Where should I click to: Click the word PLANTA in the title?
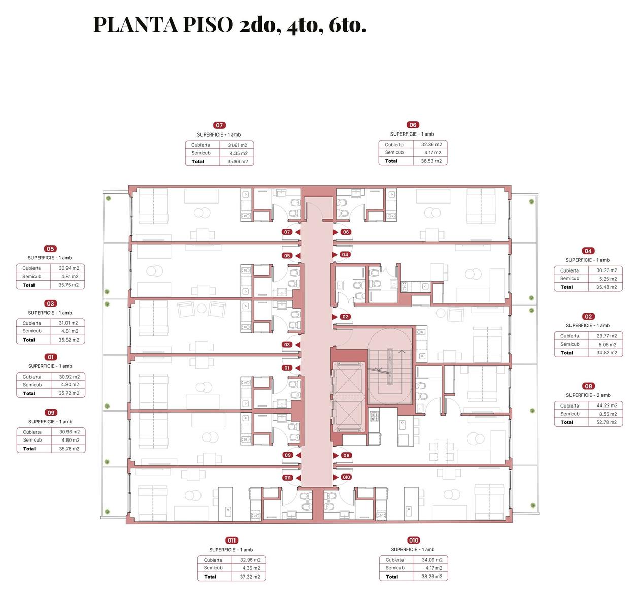tap(136, 25)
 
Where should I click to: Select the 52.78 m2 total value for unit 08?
tap(606, 422)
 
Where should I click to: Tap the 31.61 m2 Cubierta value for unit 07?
tap(238, 145)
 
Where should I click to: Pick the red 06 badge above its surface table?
tap(413, 125)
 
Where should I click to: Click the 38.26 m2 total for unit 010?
tap(431, 577)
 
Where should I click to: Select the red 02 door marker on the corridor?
tap(345, 317)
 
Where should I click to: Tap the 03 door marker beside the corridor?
tap(287, 344)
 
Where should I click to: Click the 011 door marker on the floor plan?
tap(287, 478)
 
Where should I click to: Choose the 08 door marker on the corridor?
tap(346, 455)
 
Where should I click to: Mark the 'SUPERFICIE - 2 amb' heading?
tap(588, 395)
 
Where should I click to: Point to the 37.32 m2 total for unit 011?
tap(250, 577)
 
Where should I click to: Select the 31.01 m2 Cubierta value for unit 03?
tap(69, 323)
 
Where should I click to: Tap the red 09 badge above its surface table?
tap(51, 412)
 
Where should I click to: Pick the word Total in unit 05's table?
tap(29, 285)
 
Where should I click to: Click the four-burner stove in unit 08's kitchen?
tap(374, 417)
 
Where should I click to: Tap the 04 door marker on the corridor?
tap(345, 255)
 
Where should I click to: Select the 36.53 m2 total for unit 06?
tap(431, 161)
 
